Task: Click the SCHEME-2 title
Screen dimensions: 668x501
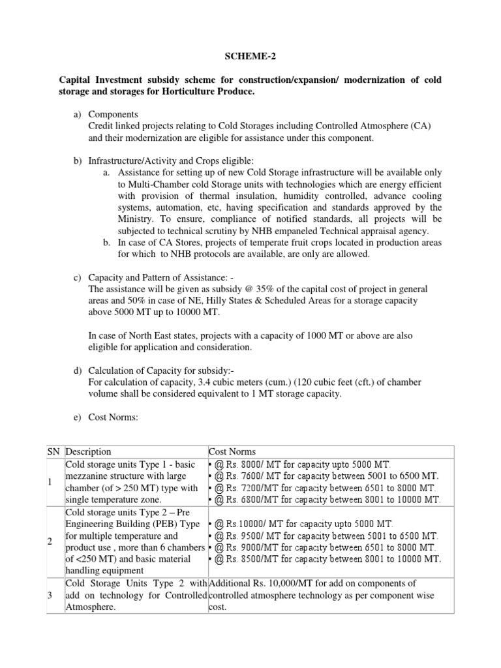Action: pyautogui.click(x=250, y=57)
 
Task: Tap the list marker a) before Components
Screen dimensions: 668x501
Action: pyautogui.click(x=76, y=114)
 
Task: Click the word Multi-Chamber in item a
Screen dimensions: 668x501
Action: pyautogui.click(x=149, y=184)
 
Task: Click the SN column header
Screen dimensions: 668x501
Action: pyautogui.click(x=53, y=451)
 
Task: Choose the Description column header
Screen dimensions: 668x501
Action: pyautogui.click(x=89, y=451)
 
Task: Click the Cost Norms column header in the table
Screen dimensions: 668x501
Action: pyautogui.click(x=232, y=451)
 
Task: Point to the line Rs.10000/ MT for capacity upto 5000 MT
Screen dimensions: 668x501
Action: pyautogui.click(x=304, y=524)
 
